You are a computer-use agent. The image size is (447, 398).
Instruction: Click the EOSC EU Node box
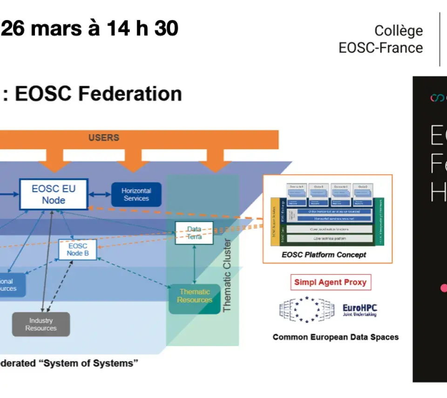pyautogui.click(x=54, y=194)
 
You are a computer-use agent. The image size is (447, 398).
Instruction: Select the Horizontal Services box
pyautogui.click(x=136, y=194)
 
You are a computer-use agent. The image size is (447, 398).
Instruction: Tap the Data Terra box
pyautogui.click(x=194, y=233)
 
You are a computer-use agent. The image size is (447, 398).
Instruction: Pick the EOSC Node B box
pyautogui.click(x=78, y=250)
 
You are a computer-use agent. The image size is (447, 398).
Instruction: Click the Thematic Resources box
pyautogui.click(x=194, y=296)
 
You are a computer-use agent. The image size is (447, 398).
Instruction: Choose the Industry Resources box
pyautogui.click(x=41, y=324)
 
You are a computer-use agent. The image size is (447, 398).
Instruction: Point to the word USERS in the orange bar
pyautogui.click(x=104, y=137)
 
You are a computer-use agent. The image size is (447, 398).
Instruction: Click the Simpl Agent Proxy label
pyautogui.click(x=330, y=282)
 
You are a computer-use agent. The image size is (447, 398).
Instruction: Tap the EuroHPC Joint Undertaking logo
pyautogui.click(x=359, y=310)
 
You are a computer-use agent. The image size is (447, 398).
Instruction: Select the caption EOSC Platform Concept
pyautogui.click(x=324, y=255)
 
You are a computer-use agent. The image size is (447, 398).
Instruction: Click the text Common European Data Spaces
pyautogui.click(x=335, y=337)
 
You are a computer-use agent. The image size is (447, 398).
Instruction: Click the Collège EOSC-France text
pyautogui.click(x=381, y=39)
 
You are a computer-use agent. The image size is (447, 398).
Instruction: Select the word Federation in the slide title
pyautogui.click(x=130, y=94)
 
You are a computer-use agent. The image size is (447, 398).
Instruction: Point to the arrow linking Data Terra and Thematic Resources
pyautogui.click(x=194, y=264)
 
